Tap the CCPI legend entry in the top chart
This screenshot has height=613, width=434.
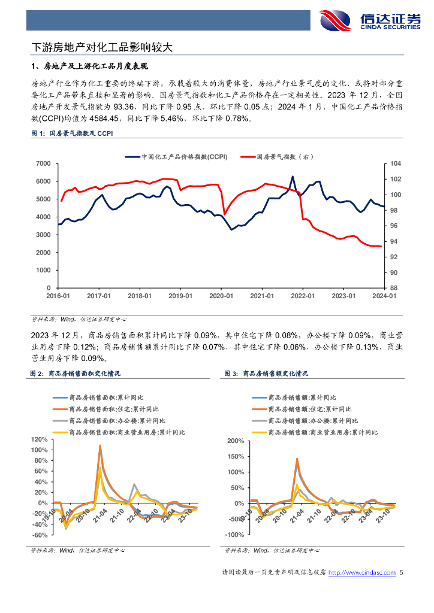pos(176,157)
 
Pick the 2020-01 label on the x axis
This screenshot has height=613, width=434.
pos(221,296)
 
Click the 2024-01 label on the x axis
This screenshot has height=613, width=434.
pos(384,296)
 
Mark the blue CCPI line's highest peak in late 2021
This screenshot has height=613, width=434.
pos(293,177)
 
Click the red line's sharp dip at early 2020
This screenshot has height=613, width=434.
pos(224,214)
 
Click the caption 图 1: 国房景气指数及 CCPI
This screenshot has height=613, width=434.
pos(71,134)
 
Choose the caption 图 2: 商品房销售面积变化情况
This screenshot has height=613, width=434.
pos(76,373)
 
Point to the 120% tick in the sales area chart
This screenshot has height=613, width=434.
pos(39,440)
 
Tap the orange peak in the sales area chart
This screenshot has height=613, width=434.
pos(100,445)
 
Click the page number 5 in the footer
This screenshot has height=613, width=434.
pos(401,573)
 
